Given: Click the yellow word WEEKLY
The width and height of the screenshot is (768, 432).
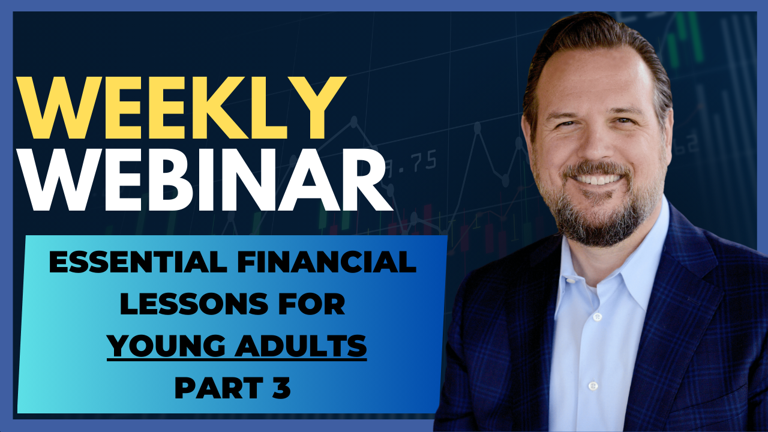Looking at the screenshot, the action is [181, 107].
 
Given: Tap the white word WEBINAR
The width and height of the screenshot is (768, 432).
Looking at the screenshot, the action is [205, 179].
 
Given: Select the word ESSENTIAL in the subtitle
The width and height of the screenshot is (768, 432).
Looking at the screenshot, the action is [138, 262].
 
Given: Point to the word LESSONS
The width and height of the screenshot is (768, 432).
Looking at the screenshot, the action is [194, 304].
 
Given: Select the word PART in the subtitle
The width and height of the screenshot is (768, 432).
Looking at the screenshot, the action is [219, 388].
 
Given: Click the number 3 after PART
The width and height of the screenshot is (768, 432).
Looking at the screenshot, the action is [281, 388].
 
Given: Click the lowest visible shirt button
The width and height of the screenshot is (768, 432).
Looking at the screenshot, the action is [593, 386].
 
